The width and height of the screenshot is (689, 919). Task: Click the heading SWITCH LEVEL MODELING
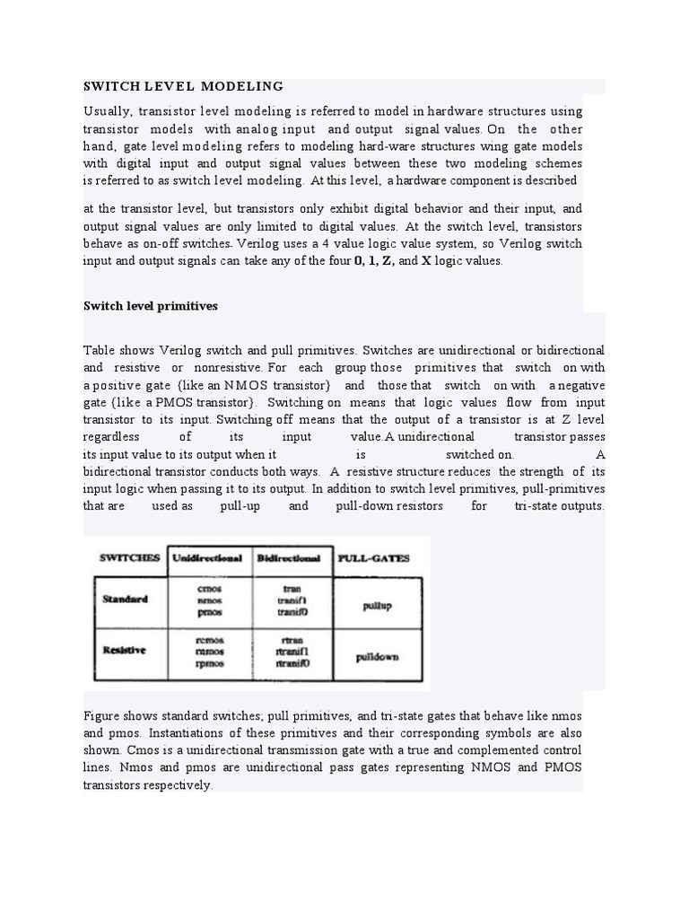pyautogui.click(x=183, y=86)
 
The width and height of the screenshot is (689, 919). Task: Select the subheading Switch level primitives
pyautogui.click(x=150, y=306)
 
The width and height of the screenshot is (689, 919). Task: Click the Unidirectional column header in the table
pyautogui.click(x=207, y=557)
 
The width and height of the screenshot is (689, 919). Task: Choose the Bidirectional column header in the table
pyautogui.click(x=289, y=557)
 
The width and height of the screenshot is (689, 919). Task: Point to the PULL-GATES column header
pyautogui.click(x=373, y=557)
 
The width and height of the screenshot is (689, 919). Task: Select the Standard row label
pyautogui.click(x=125, y=599)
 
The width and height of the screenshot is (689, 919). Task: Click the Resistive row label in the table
pyautogui.click(x=125, y=650)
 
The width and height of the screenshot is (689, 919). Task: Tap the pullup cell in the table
pyautogui.click(x=377, y=606)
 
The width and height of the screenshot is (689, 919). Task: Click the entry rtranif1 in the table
pyautogui.click(x=292, y=652)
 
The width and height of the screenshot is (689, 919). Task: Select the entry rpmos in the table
pyautogui.click(x=209, y=664)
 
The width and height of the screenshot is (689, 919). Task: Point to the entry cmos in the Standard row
pyautogui.click(x=209, y=588)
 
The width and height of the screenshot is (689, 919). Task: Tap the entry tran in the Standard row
pyautogui.click(x=292, y=589)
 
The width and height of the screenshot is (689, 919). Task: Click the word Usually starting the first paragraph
pyautogui.click(x=108, y=111)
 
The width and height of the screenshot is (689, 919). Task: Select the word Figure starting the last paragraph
pyautogui.click(x=102, y=715)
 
